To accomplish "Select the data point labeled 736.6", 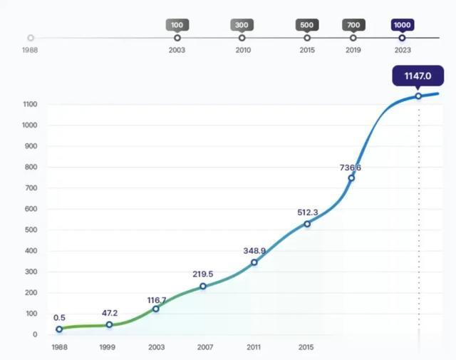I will tap(351, 178).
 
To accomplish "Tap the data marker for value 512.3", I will tap(307, 224).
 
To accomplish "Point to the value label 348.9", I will tap(254, 251).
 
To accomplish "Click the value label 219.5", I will tap(202, 274).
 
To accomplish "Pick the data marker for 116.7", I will tap(156, 309).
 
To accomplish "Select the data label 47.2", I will tap(108, 312).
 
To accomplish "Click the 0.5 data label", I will tap(59, 318).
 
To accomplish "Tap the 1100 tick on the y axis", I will tap(30, 105).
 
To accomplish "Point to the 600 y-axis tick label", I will tap(31, 209).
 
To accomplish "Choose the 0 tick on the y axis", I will tap(35, 334).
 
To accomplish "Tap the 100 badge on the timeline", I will tap(177, 25).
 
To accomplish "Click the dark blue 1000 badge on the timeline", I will tap(402, 25).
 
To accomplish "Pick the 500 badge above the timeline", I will tap(307, 25).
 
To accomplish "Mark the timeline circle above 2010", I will tap(242, 38).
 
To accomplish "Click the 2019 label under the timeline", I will tap(353, 50).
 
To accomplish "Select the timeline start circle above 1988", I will tap(31, 38).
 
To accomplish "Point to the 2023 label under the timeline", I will tap(402, 50).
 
